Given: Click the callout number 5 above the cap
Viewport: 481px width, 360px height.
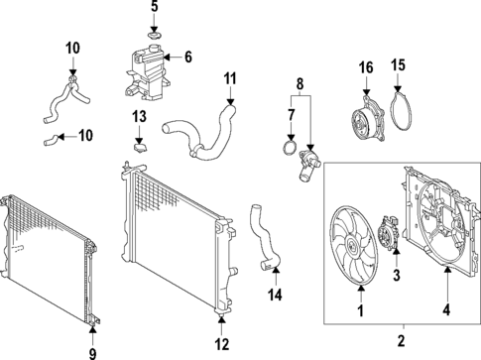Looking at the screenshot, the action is (x=155, y=7).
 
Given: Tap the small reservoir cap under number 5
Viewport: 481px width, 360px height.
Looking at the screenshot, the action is (x=154, y=35).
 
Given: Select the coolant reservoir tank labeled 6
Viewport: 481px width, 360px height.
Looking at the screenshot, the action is (x=147, y=72).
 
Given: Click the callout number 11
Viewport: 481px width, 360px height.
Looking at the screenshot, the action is (x=230, y=79).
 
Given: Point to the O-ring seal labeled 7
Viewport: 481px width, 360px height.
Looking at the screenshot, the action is (x=290, y=148).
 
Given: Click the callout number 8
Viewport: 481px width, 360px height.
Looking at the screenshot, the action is (x=300, y=84).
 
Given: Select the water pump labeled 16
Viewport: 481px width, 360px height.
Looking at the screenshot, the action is (x=368, y=119).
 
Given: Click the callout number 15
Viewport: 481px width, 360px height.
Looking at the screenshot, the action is (x=398, y=65).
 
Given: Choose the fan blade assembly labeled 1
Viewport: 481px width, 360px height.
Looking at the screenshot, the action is (x=353, y=246).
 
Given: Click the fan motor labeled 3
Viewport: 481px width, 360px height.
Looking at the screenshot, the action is (x=389, y=234).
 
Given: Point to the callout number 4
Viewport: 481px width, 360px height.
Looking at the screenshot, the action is (x=446, y=310).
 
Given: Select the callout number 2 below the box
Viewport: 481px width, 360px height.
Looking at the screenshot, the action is (x=401, y=341).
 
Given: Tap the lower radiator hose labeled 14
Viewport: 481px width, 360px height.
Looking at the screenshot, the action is (x=265, y=236).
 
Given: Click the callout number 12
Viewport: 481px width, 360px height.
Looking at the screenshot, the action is (x=222, y=344).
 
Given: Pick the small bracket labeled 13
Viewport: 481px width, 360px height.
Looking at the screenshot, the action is (x=141, y=148).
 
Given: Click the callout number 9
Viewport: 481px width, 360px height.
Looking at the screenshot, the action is (x=92, y=354).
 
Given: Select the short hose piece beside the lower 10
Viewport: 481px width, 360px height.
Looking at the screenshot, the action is (x=52, y=141).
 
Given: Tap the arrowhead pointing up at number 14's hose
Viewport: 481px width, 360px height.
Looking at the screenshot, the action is (x=276, y=272).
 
